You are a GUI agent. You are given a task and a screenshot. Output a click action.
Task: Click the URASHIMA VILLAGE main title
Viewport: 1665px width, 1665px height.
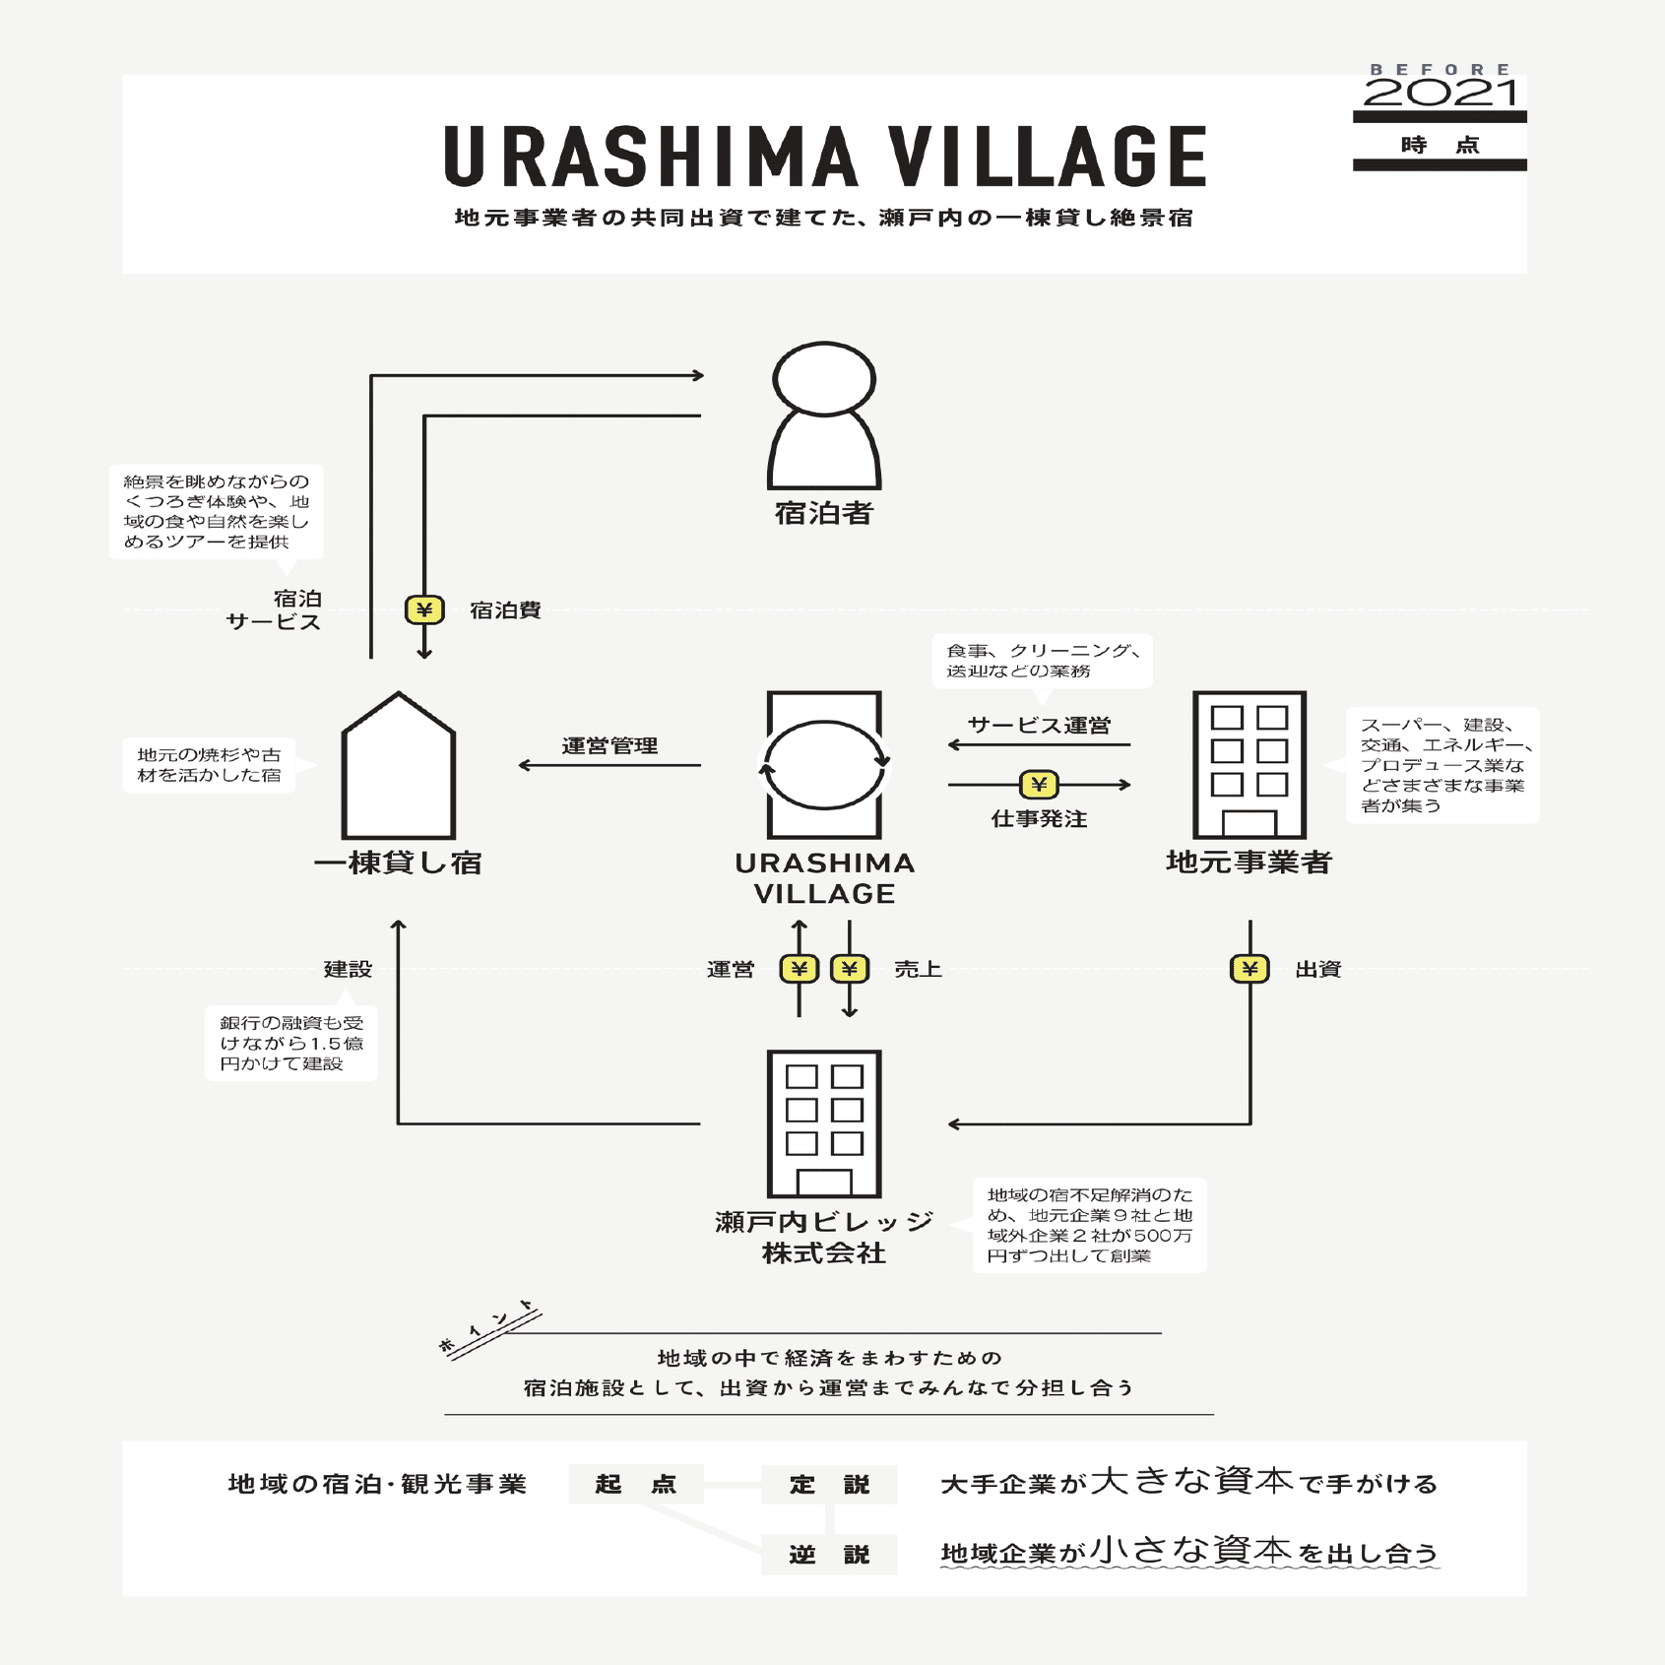coord(825,157)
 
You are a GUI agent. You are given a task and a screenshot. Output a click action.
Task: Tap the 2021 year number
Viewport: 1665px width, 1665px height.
coord(1440,94)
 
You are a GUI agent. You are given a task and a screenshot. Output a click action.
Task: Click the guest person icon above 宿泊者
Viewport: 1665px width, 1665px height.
coord(824,416)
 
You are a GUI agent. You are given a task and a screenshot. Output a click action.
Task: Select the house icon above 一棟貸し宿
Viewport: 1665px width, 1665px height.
coord(399,766)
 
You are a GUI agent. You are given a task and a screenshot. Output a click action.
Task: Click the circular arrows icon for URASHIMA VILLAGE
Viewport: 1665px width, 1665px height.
coord(824,765)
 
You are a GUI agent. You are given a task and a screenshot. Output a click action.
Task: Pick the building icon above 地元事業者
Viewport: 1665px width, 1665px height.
coord(1249,765)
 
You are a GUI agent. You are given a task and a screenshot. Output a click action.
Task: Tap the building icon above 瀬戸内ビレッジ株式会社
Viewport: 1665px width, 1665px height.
coord(824,1123)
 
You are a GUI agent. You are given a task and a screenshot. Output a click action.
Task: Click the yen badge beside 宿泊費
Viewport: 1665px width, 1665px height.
coord(424,610)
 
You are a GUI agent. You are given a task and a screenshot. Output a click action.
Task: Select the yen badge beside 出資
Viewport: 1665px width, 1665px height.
coord(1249,969)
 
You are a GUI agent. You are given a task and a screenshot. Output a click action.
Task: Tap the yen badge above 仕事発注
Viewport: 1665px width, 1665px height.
coord(1039,785)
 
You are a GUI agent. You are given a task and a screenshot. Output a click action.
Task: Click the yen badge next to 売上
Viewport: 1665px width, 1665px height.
coord(850,969)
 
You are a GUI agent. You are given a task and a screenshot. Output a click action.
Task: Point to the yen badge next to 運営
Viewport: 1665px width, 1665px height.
coord(799,969)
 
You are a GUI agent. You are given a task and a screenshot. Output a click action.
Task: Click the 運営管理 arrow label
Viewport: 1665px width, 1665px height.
coord(609,745)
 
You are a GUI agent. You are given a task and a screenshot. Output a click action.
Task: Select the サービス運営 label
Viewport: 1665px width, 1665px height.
coord(1039,726)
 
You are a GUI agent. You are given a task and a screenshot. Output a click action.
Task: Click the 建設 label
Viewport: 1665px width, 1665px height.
coord(348,969)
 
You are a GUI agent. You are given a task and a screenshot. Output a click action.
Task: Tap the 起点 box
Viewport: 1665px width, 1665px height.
coord(636,1484)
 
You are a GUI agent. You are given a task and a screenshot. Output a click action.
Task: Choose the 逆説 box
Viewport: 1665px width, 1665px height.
coord(829,1555)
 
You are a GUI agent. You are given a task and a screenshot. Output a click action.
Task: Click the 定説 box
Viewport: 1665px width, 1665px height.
coord(829,1484)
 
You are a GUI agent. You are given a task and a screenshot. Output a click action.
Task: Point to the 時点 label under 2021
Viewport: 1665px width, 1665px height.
coord(1440,145)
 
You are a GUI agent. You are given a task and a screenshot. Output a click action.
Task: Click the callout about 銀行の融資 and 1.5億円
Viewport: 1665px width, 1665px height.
coord(291,1044)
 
